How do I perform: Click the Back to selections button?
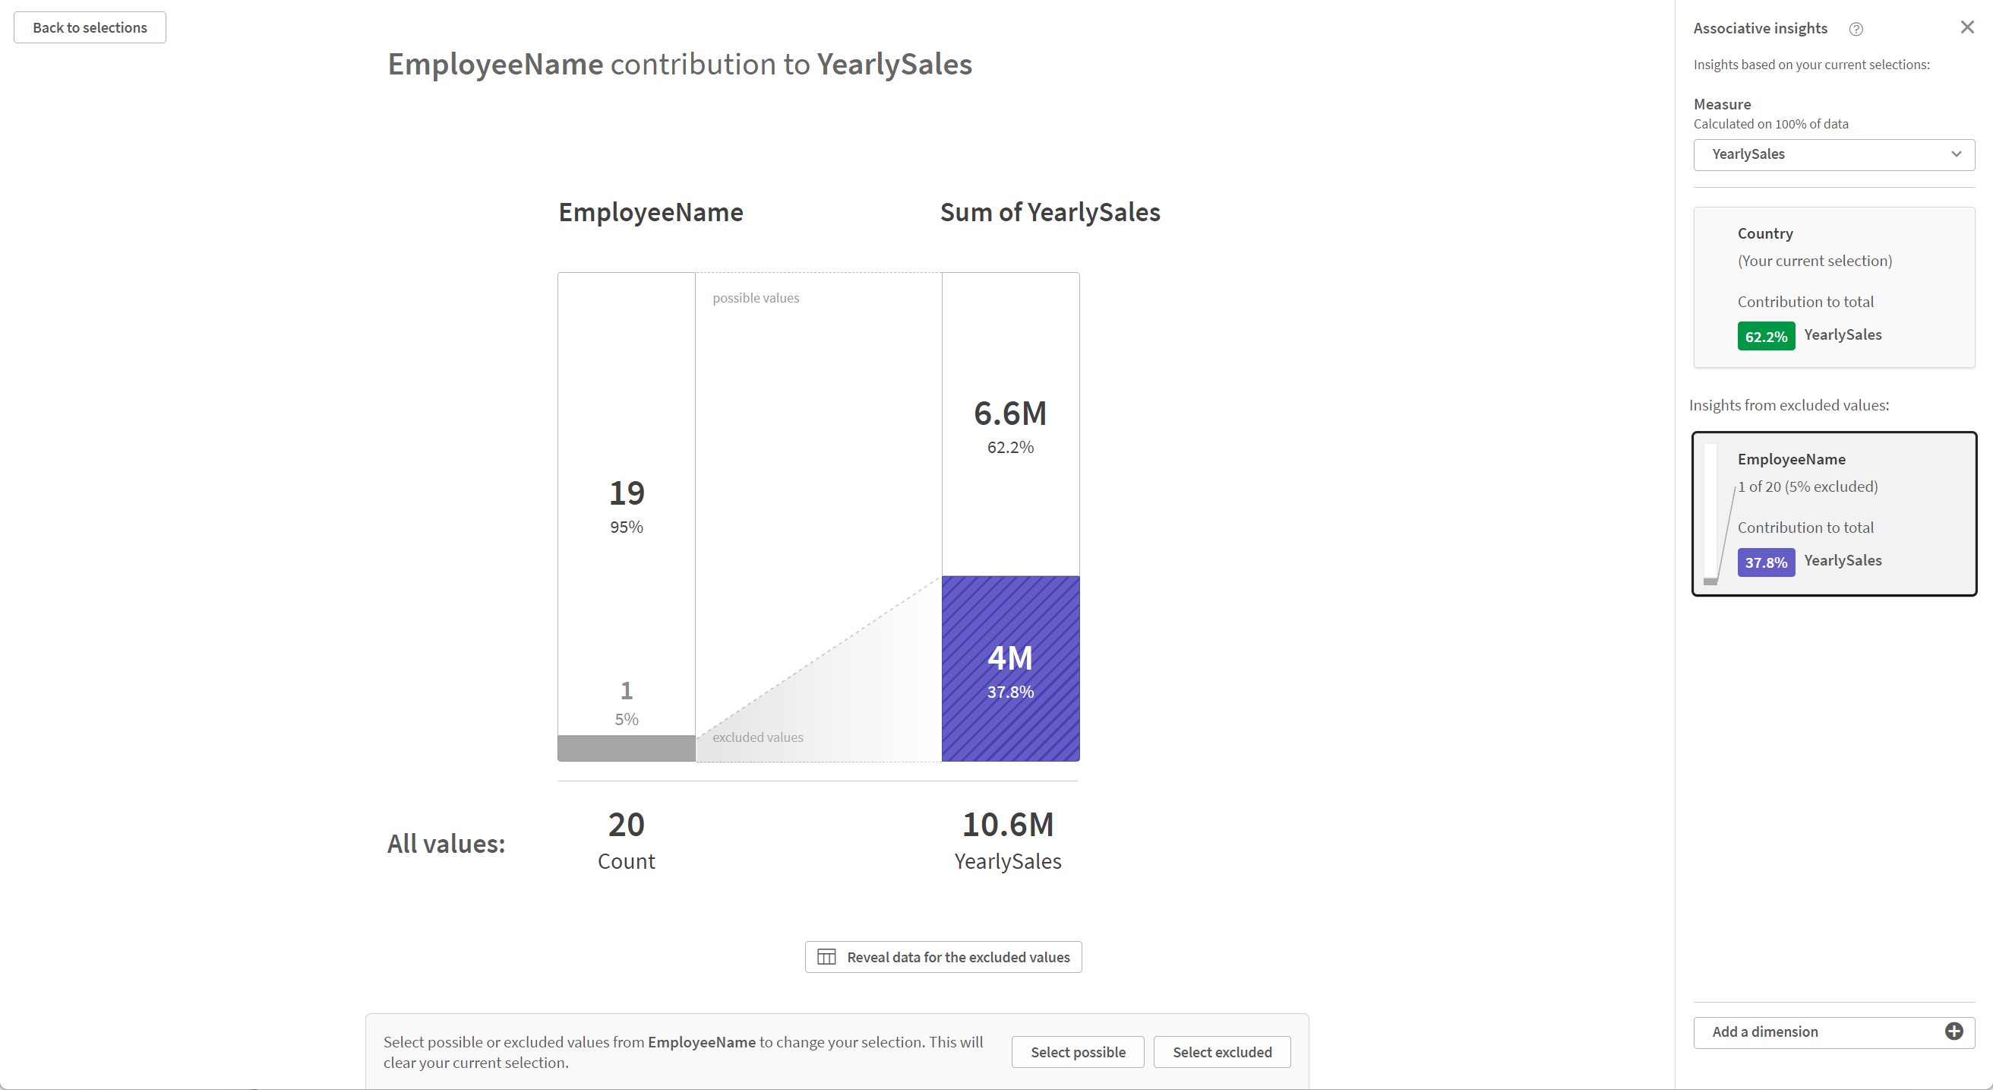pyautogui.click(x=90, y=28)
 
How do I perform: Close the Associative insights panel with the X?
pyautogui.click(x=1966, y=28)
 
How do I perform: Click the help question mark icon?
pyautogui.click(x=1856, y=30)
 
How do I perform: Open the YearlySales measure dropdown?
pyautogui.click(x=1833, y=155)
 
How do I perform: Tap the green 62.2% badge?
pyautogui.click(x=1766, y=337)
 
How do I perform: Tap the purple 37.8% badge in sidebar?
pyautogui.click(x=1766, y=562)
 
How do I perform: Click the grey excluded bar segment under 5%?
pyautogui.click(x=626, y=748)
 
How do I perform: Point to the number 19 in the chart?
pyautogui.click(x=626, y=493)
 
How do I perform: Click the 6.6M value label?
pyautogui.click(x=1009, y=414)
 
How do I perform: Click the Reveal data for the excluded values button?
pyautogui.click(x=943, y=957)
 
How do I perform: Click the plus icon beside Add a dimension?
pyautogui.click(x=1954, y=1032)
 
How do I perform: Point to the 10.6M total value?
pyautogui.click(x=1007, y=825)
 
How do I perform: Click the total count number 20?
pyautogui.click(x=626, y=825)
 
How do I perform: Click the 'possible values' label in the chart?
pyautogui.click(x=755, y=298)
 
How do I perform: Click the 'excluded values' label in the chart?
pyautogui.click(x=757, y=737)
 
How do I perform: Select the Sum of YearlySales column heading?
pyautogui.click(x=1049, y=212)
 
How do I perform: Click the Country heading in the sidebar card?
pyautogui.click(x=1765, y=234)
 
